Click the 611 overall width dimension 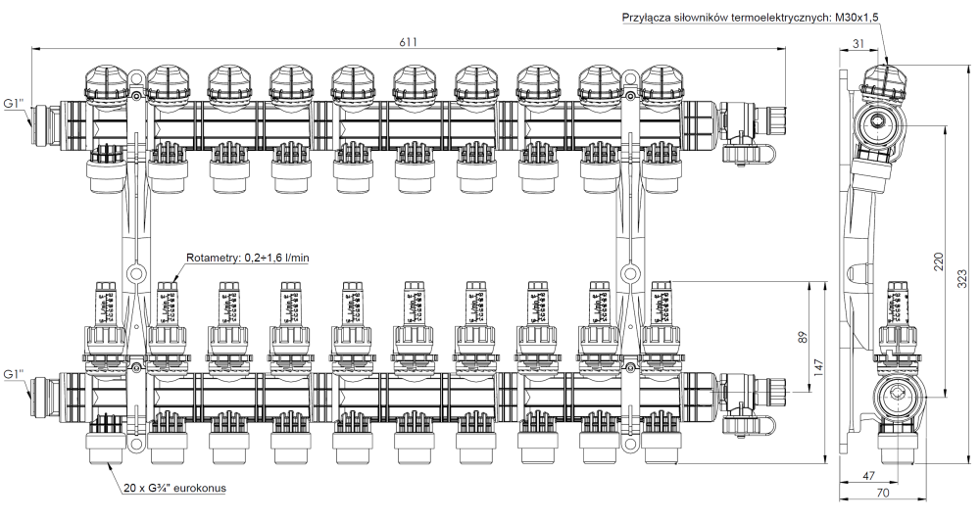pos(408,41)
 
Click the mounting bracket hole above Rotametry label pos(137,273)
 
